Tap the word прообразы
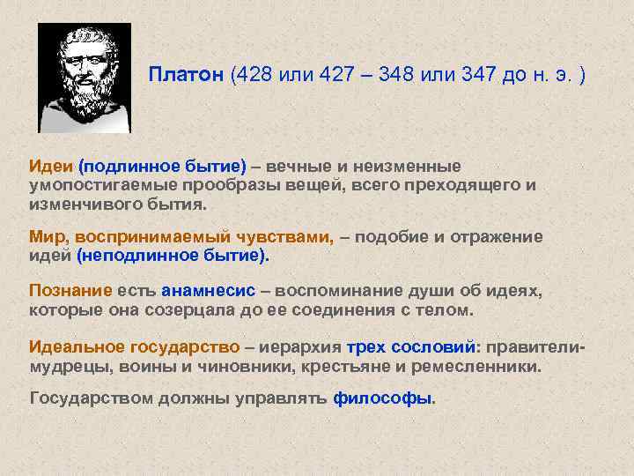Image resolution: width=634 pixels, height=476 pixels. point(224,185)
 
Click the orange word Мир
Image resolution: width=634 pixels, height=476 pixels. point(48,236)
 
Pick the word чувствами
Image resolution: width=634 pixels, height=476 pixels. point(286,236)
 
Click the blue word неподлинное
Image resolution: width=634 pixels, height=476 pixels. point(132,256)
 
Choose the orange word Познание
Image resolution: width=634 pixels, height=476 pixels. point(70,291)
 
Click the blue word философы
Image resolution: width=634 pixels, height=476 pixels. point(382,398)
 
